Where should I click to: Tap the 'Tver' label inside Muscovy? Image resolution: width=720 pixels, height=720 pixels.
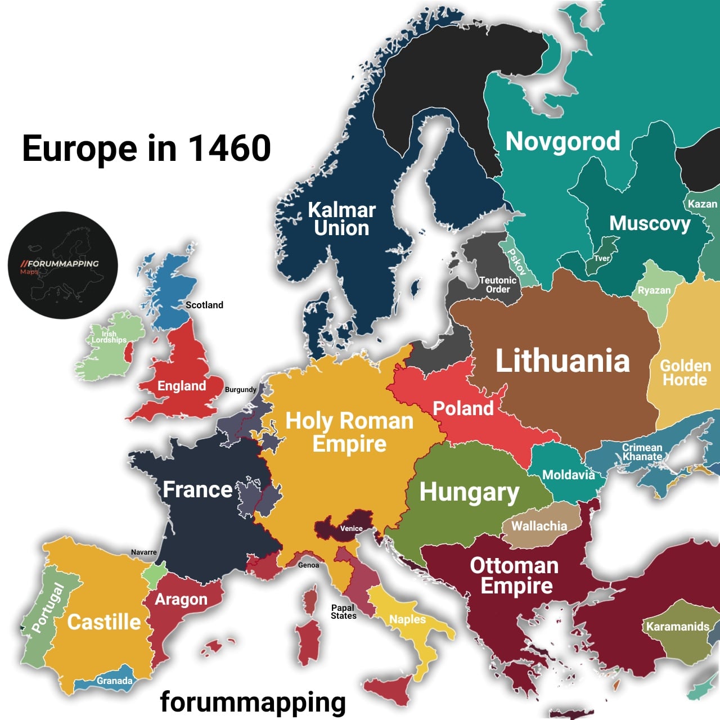coord(602,258)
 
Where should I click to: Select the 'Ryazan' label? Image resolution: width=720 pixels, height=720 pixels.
coord(654,290)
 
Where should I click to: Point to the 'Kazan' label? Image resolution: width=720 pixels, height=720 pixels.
coord(703,204)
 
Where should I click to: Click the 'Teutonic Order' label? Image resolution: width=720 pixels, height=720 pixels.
coord(498,285)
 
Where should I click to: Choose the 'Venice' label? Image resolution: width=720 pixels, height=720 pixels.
coord(351,528)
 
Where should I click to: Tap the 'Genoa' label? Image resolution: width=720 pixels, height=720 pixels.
coord(308,565)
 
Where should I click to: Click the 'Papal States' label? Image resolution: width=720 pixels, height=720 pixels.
coord(343,611)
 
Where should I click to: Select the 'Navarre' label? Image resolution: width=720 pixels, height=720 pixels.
coord(144,552)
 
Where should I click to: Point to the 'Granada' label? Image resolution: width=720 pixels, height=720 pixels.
coord(114,681)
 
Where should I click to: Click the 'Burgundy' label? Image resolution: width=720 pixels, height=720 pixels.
coord(240,389)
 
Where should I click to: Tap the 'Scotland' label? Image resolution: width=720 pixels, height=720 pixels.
coord(204,305)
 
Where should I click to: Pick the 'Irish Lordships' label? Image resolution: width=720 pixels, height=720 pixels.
coord(109,337)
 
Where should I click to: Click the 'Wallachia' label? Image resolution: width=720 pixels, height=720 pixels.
coord(539,526)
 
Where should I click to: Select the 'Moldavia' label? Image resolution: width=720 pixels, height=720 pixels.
coord(568,475)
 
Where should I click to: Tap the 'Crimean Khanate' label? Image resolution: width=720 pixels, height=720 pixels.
coord(642,452)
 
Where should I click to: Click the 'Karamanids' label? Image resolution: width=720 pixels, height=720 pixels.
coord(677,627)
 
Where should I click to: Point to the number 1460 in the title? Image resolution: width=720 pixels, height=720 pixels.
coord(229,148)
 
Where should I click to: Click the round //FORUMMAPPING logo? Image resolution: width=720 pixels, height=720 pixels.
coord(63,265)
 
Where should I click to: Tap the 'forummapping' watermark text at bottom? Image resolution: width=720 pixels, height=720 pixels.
coord(253,702)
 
